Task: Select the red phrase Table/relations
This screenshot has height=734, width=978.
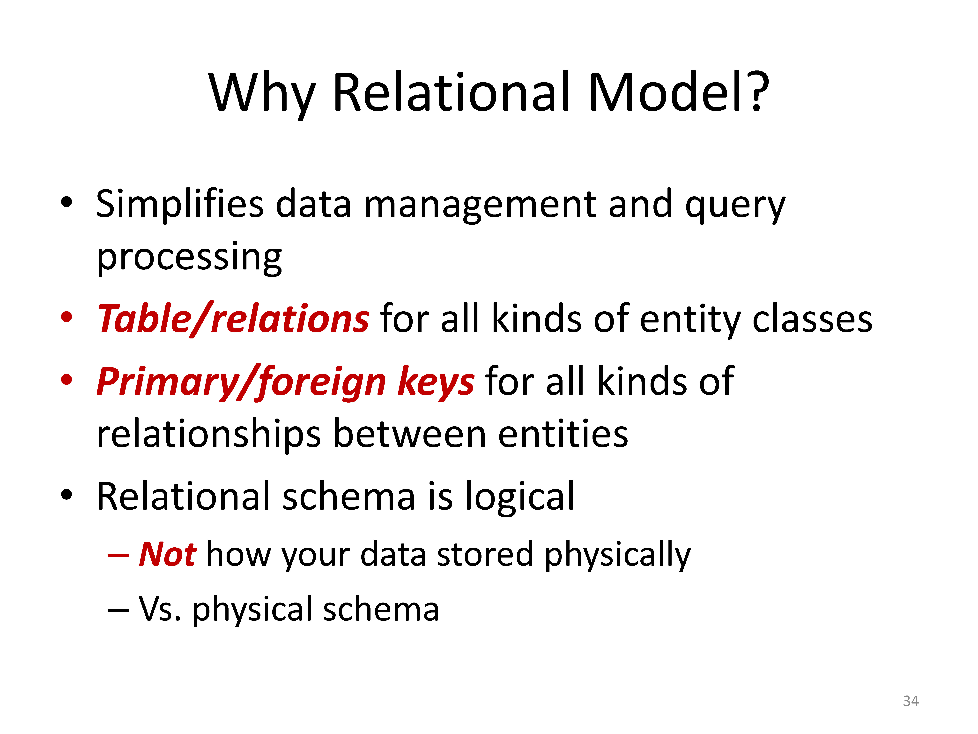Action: coord(233,319)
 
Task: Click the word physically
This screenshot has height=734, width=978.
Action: coord(617,555)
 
